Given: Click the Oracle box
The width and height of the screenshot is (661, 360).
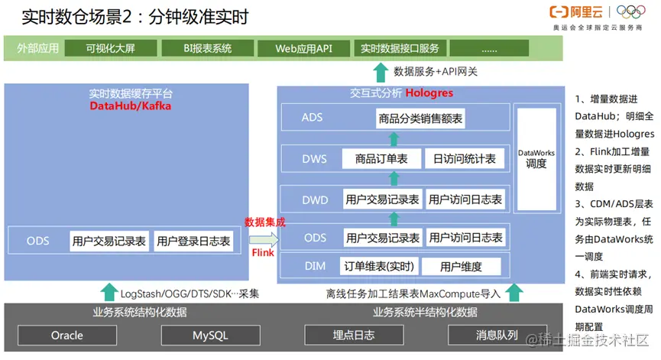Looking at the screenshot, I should [x=67, y=336].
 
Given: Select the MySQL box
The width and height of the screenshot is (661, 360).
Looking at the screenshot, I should [x=205, y=336].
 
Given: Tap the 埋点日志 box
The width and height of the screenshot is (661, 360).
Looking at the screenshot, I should [x=348, y=335].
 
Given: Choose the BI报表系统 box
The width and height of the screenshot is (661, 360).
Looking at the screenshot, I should [x=207, y=48].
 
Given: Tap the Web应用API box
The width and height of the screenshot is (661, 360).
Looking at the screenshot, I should [x=303, y=48].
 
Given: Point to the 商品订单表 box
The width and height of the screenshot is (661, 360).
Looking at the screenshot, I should [x=381, y=159].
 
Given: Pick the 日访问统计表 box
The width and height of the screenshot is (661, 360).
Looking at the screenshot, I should [x=464, y=159].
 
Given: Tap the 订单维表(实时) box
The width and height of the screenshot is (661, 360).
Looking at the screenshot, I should [x=379, y=267].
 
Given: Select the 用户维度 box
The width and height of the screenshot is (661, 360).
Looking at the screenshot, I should [x=461, y=267].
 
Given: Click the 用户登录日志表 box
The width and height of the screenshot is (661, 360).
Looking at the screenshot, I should [x=193, y=242].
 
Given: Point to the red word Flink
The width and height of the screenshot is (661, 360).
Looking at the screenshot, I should [x=263, y=251].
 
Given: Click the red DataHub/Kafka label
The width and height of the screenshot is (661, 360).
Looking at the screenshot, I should [x=130, y=106].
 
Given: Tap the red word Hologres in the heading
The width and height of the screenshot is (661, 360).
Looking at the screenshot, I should [x=429, y=93].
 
